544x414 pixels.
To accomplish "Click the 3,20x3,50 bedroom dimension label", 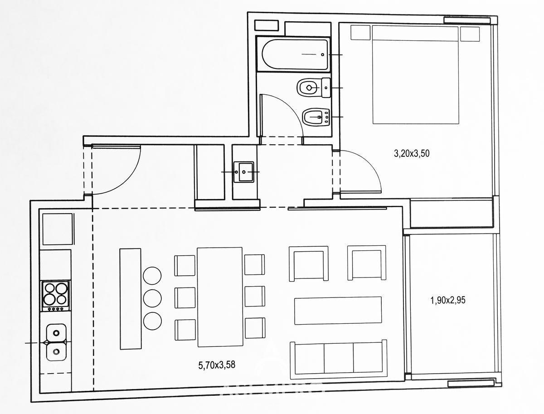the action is click(412, 153).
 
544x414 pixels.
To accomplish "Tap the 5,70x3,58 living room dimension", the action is click(217, 365).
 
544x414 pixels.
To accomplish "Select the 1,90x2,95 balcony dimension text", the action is click(448, 301).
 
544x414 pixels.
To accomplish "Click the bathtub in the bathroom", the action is click(293, 54).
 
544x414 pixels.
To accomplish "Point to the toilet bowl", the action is click(314, 88).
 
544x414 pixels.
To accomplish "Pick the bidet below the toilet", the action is click(316, 117).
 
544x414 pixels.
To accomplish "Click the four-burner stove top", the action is click(55, 296).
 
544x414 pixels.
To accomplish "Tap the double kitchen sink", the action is click(56, 342).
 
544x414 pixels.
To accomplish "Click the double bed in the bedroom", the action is click(416, 75).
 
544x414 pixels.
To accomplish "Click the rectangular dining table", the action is click(220, 297).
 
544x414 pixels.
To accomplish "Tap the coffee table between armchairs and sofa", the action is click(338, 310).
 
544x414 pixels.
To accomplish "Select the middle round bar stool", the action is click(152, 298).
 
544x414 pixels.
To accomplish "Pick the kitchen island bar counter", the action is click(131, 299).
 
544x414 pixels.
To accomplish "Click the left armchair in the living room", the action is click(309, 263).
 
